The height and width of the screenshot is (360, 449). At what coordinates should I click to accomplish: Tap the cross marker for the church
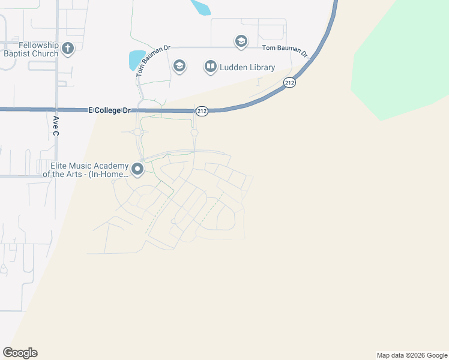68,48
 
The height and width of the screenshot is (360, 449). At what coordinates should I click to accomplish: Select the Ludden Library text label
248,67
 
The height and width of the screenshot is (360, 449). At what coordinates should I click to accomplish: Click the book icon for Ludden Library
210,67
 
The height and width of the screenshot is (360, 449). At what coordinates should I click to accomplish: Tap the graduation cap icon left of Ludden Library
179,65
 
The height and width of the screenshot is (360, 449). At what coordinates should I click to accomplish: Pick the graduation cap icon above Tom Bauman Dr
241,41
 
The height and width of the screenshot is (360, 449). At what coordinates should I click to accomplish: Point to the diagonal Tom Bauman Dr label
142,62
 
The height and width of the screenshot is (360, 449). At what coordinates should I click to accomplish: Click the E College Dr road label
109,110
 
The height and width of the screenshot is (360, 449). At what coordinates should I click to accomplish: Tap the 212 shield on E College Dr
202,111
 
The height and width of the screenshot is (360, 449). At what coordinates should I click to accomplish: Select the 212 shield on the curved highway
290,83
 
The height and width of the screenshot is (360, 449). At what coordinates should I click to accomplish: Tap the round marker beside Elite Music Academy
137,169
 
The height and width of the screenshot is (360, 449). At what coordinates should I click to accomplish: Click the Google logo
20,353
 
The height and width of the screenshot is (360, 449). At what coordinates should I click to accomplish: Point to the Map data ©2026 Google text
411,355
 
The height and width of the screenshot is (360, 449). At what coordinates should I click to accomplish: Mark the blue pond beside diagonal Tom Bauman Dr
136,59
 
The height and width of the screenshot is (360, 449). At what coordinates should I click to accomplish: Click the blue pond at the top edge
200,6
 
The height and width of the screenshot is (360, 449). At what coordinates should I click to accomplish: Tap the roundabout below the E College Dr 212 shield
194,133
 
